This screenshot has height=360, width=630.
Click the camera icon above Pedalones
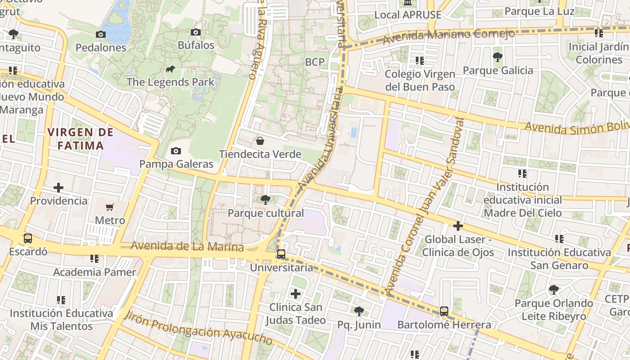pyautogui.click(x=101, y=35)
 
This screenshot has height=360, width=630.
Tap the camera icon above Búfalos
pyautogui.click(x=195, y=32)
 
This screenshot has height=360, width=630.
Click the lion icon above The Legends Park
pyautogui.click(x=170, y=69)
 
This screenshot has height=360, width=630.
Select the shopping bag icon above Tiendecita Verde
pyautogui.click(x=260, y=141)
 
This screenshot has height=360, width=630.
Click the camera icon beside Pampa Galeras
pyautogui.click(x=176, y=151)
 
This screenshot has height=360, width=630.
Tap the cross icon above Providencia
pyautogui.click(x=58, y=188)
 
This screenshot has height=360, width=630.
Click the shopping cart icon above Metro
pyautogui.click(x=110, y=207)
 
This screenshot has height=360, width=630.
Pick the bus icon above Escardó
pyautogui.click(x=28, y=238)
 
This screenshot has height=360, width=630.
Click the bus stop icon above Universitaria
pyautogui.click(x=281, y=254)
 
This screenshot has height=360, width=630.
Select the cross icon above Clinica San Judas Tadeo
pyautogui.click(x=295, y=294)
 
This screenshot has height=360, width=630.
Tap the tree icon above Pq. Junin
pyautogui.click(x=359, y=311)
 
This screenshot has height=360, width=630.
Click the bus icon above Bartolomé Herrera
pyautogui.click(x=444, y=311)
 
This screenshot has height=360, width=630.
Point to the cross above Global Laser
pyautogui.click(x=458, y=226)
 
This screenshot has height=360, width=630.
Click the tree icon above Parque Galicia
pyautogui.click(x=498, y=57)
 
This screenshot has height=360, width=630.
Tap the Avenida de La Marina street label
pyautogui.click(x=187, y=247)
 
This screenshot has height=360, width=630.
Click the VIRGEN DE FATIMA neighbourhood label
pyautogui.click(x=81, y=139)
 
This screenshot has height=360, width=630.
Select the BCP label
pyautogui.click(x=315, y=62)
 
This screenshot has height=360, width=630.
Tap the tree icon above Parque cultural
pyautogui.click(x=265, y=200)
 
